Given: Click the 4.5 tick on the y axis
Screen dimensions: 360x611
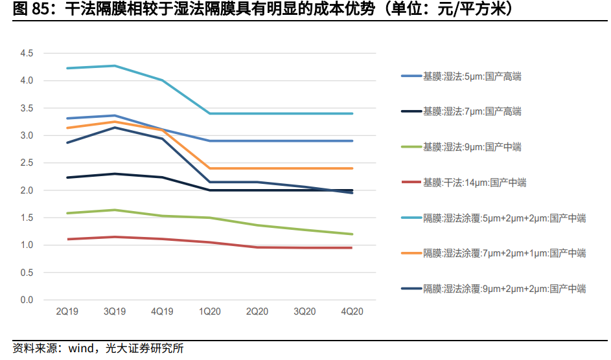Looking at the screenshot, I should (x=27, y=53).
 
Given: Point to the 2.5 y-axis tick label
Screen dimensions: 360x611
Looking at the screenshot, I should (x=27, y=163).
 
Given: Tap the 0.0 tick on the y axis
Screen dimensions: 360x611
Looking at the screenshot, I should (x=27, y=300).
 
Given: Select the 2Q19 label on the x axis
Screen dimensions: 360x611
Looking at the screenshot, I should (x=67, y=312).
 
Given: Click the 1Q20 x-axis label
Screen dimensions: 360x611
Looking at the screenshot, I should (x=209, y=312).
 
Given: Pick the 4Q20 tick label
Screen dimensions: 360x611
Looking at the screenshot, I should (x=352, y=312).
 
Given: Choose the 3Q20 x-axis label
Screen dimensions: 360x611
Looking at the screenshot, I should (x=305, y=312).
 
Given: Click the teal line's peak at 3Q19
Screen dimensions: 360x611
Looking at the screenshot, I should (x=115, y=65).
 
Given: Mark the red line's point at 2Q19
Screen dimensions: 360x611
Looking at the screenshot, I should (x=67, y=239).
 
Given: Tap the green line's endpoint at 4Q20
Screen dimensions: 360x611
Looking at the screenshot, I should (x=352, y=234).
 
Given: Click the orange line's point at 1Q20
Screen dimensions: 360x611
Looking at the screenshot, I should (x=209, y=168).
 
